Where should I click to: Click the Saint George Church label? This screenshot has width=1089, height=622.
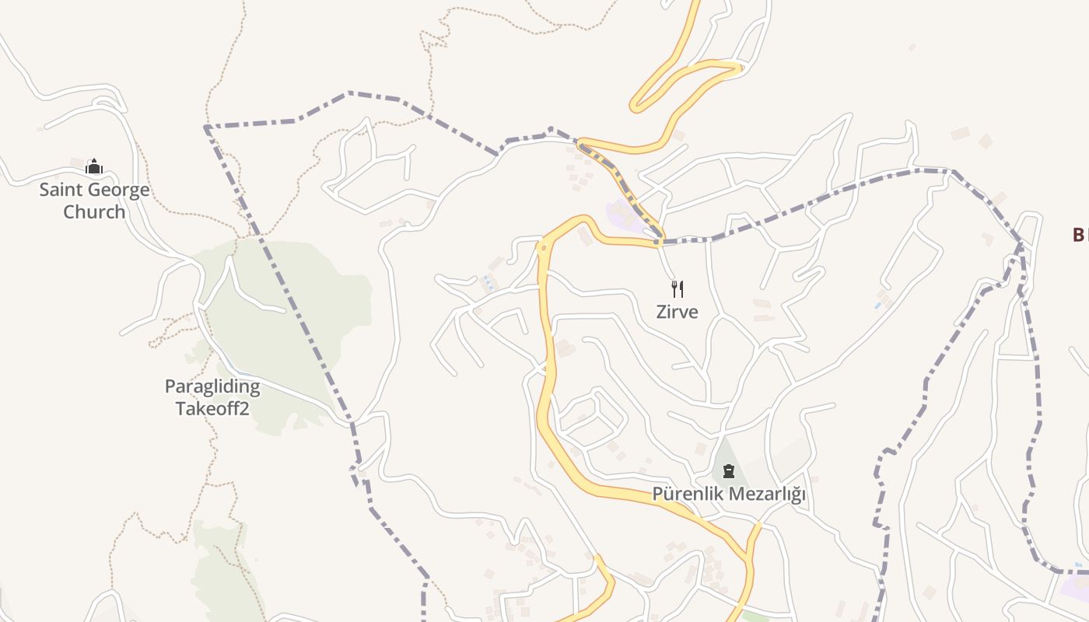pos(94,201)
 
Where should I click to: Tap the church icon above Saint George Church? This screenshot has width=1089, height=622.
pos(94,166)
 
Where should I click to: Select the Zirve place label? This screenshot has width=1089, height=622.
pos(677,312)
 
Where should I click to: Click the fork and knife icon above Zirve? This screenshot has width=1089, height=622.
pos(677,289)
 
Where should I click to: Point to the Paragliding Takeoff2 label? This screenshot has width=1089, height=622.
pos(212,397)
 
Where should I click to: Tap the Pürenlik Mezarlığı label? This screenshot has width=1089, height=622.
pos(728,494)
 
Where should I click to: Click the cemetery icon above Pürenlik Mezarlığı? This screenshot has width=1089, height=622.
pos(728,470)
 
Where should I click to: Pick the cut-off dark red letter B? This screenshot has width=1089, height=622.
pos(1080,235)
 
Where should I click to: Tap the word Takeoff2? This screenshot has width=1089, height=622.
pos(212,408)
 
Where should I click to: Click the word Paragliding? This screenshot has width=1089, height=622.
pos(212,386)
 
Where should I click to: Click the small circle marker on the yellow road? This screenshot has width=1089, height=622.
pos(543,248)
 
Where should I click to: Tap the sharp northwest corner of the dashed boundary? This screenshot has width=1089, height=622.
pos(206,126)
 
